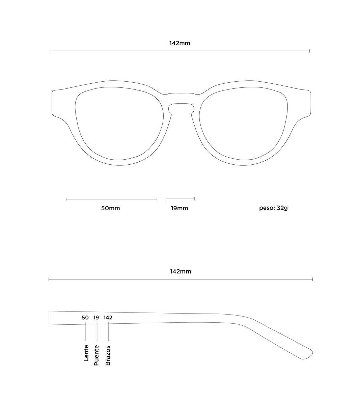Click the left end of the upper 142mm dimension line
(x=51, y=51)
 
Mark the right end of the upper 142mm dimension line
(x=310, y=51)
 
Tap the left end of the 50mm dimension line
(x=66, y=199)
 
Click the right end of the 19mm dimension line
(x=194, y=199)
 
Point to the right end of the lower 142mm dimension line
(x=313, y=279)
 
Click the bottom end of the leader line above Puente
(x=97, y=341)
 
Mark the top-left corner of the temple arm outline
(x=49, y=311)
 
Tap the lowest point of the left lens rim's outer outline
(x=120, y=165)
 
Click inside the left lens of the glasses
(x=119, y=124)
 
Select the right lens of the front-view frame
(x=244, y=124)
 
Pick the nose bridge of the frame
(x=181, y=102)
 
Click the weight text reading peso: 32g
(x=273, y=208)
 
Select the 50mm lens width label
(x=111, y=208)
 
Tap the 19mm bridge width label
(x=179, y=208)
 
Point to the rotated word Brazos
(x=108, y=355)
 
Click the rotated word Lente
(x=86, y=353)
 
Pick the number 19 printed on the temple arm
(x=96, y=318)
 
